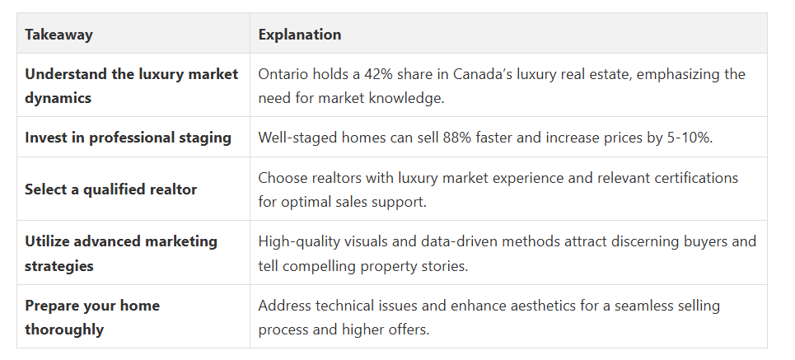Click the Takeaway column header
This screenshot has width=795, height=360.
pyautogui.click(x=58, y=35)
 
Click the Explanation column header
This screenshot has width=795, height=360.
pyautogui.click(x=300, y=35)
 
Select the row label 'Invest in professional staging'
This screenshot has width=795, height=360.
pyautogui.click(x=129, y=138)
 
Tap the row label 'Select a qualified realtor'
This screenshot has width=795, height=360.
pyautogui.click(x=111, y=189)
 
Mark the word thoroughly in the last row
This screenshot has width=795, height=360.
pyautogui.click(x=64, y=330)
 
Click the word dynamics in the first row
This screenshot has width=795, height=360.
pyautogui.click(x=58, y=98)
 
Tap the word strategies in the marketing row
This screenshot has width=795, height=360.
pyautogui.click(x=59, y=266)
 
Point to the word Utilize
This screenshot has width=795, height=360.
pyautogui.click(x=47, y=241)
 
